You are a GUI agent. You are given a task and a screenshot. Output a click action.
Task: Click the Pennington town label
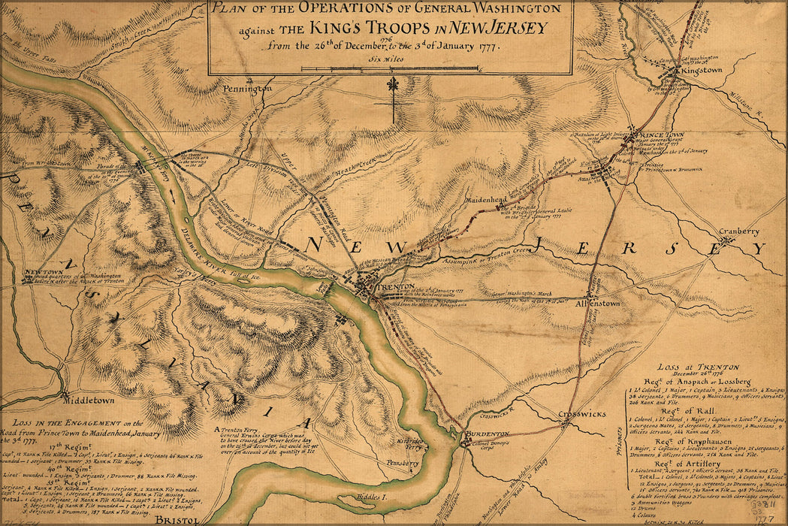246,89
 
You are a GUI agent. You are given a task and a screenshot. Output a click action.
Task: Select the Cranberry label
739,232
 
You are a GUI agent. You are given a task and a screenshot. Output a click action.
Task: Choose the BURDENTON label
487,434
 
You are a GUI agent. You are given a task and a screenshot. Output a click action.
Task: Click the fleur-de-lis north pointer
392,84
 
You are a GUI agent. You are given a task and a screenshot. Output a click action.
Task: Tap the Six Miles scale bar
390,68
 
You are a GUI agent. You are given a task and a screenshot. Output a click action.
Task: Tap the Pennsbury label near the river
403,463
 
